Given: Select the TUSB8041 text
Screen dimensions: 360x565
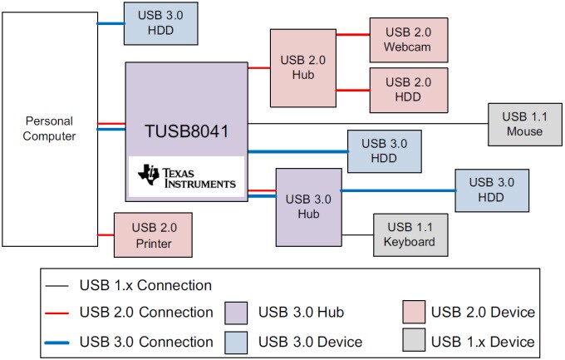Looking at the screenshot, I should [x=186, y=131].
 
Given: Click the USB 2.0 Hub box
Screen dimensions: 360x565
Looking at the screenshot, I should [x=302, y=67].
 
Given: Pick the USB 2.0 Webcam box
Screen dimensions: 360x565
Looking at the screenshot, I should [x=408, y=38].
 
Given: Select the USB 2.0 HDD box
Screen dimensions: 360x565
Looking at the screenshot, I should [x=408, y=90].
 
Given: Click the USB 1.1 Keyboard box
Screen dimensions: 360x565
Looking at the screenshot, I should [x=410, y=234].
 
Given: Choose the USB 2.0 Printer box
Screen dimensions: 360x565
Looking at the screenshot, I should [x=153, y=234].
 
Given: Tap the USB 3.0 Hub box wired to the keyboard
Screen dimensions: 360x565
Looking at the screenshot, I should [x=307, y=207].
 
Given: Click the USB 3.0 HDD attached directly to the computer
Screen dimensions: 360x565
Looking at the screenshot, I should [x=160, y=22].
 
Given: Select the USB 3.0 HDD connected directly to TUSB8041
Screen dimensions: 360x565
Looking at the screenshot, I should [x=384, y=150].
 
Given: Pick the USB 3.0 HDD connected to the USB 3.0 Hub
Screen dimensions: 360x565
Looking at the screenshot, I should [x=492, y=190].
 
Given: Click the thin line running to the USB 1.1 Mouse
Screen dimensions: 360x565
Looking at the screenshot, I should [x=366, y=123].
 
